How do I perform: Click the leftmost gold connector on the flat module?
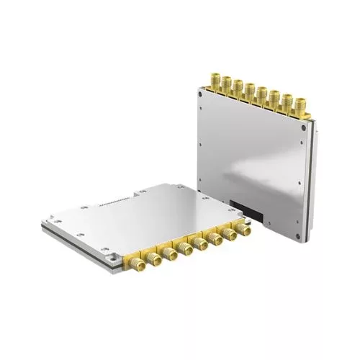[135, 266]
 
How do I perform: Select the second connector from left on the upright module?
[226, 82]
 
